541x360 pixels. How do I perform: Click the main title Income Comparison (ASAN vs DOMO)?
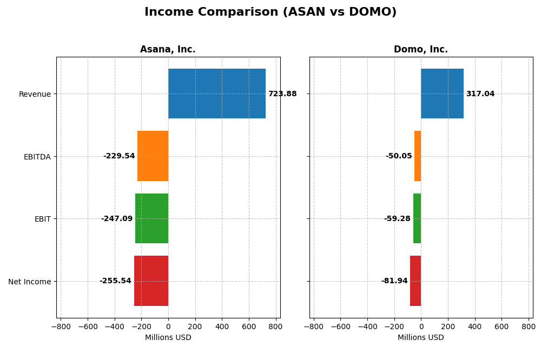click(270, 12)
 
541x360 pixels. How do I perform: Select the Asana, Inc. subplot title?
click(168, 50)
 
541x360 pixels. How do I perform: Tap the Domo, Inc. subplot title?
click(420, 50)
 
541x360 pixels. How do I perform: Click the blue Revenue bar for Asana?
click(216, 94)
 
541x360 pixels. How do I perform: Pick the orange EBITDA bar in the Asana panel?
click(153, 156)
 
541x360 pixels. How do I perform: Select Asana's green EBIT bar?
click(151, 218)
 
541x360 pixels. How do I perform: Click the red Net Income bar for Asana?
click(151, 281)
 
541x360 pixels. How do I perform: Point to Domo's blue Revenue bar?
click(442, 94)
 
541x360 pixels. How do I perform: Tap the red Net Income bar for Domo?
click(415, 281)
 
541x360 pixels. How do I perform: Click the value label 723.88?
click(282, 94)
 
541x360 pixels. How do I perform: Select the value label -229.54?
click(119, 156)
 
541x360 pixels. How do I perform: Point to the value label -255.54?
click(115, 281)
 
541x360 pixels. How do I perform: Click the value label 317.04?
click(480, 94)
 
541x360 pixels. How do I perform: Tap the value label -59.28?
click(397, 219)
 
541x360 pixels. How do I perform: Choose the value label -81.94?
click(394, 281)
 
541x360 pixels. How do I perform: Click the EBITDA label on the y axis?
click(37, 157)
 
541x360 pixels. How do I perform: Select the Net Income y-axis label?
click(29, 282)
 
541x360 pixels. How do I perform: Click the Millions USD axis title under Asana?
click(168, 338)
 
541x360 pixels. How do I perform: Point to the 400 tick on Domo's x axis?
click(474, 326)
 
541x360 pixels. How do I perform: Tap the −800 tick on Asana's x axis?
click(61, 326)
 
